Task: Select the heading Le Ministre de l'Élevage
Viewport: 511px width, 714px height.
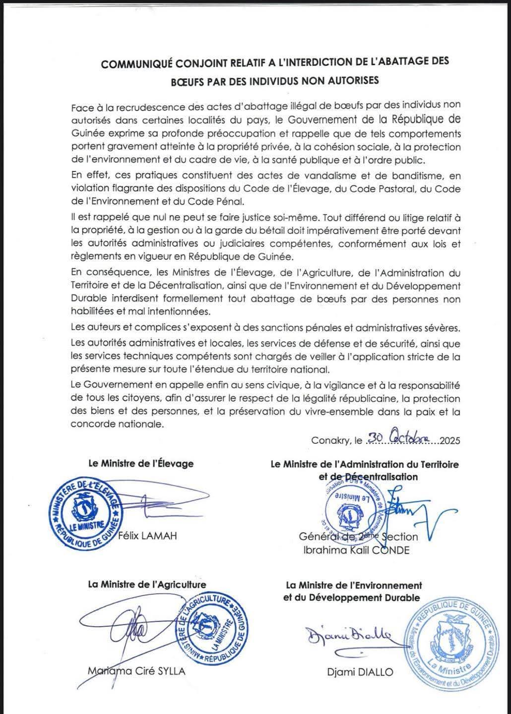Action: tap(140, 464)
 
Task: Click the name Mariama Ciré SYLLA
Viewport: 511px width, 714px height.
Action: tap(136, 671)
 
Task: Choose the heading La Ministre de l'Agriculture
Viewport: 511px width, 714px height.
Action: tap(147, 585)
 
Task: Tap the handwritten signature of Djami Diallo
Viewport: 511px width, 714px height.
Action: tap(349, 635)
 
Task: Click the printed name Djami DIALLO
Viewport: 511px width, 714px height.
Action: tap(360, 672)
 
